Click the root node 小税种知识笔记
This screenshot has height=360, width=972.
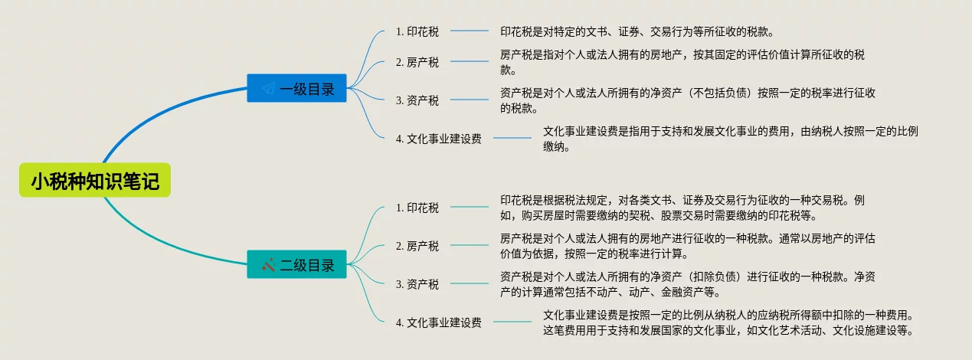95,182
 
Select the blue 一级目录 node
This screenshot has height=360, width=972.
296,89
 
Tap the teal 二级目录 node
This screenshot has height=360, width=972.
296,265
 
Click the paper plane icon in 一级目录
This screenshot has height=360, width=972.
268,89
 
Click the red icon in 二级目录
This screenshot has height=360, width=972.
268,265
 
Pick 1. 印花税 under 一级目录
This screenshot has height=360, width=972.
417,31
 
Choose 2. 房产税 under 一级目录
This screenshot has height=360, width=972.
417,62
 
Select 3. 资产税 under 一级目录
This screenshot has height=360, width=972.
417,100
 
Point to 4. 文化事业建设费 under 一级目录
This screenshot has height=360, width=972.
439,139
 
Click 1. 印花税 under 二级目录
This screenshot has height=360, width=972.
417,208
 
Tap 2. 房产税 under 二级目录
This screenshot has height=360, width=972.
417,246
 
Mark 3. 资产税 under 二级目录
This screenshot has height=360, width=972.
417,284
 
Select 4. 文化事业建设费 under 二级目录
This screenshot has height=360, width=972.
439,322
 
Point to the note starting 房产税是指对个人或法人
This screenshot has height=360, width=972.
682,62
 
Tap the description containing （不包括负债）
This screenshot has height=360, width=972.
687,100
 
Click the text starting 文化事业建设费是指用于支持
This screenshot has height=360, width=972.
730,139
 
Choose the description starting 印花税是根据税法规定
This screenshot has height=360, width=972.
682,208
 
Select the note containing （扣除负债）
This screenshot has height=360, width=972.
687,284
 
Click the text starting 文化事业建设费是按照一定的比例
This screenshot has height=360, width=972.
728,322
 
